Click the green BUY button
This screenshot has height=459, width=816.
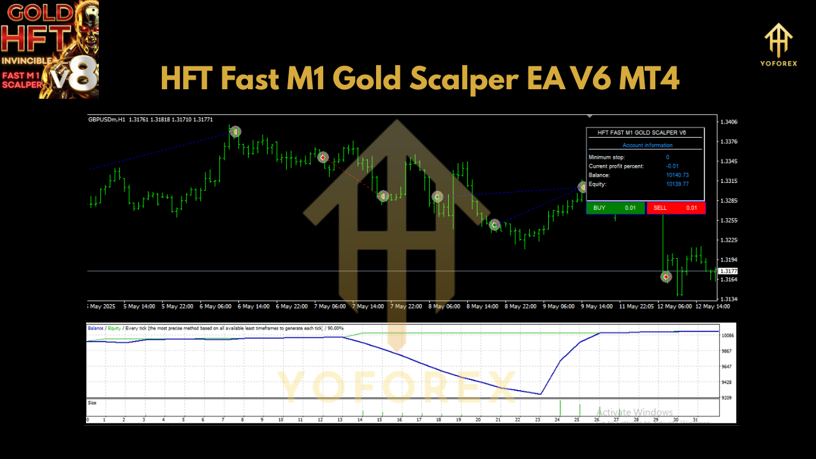(x=615, y=208)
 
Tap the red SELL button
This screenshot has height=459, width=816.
(x=676, y=208)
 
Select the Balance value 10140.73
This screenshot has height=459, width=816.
(x=677, y=175)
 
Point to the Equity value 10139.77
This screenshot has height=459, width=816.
(x=677, y=184)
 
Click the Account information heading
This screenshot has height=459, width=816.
(x=647, y=145)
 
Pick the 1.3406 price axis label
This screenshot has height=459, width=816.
(x=728, y=122)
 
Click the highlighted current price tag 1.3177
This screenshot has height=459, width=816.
(x=728, y=271)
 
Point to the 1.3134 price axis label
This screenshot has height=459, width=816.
(x=728, y=299)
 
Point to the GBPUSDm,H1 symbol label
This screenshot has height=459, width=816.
(x=107, y=119)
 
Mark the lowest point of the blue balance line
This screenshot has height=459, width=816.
(x=540, y=394)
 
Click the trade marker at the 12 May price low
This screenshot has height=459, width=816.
(x=666, y=277)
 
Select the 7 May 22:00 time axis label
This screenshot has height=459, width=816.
(x=406, y=306)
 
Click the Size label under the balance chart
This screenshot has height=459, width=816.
(x=92, y=403)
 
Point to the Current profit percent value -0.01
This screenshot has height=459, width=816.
(x=667, y=166)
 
